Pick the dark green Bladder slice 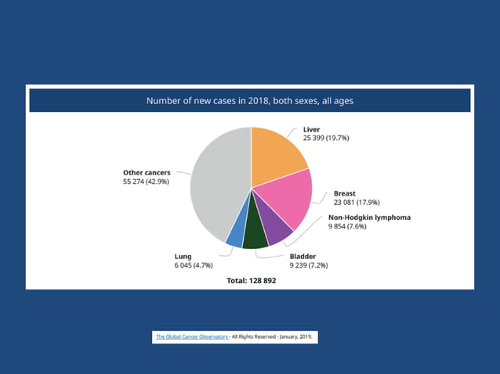coord(255,236)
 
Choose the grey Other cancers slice coord(216,184)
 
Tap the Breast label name coord(345,193)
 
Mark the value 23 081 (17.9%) coord(357,202)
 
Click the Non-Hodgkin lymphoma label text coord(369,218)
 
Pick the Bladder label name coord(305,256)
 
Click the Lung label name coord(183,256)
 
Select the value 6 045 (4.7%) coord(194,264)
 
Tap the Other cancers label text coord(147,172)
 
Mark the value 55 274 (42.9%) coord(146,181)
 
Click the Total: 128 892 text coord(250,280)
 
